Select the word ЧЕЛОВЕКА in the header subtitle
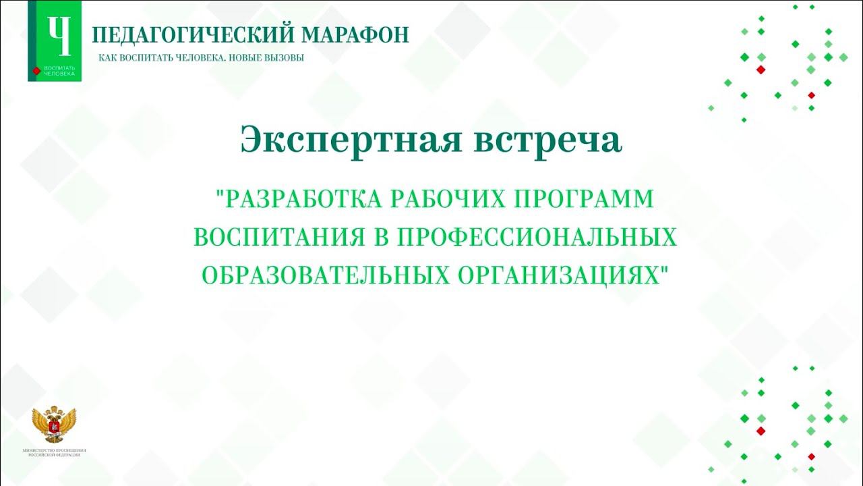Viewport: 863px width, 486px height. tap(195, 58)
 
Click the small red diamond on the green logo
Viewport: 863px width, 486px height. tap(36, 70)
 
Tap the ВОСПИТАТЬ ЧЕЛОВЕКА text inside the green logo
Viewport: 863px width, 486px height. tap(59, 71)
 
